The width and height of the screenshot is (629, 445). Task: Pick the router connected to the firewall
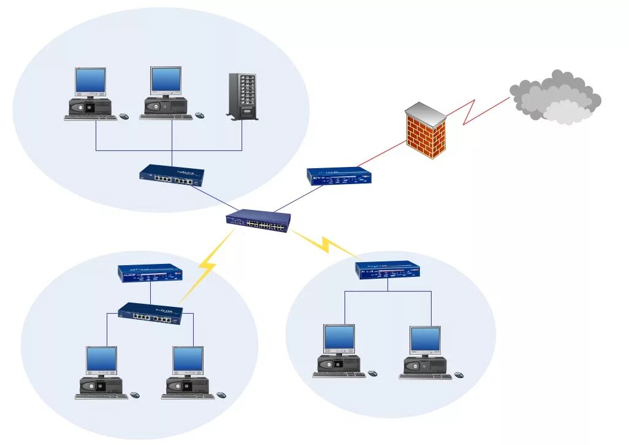(338, 176)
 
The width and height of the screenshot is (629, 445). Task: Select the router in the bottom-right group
(387, 271)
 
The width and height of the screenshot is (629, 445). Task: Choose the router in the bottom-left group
(150, 273)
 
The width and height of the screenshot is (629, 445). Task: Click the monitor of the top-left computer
(91, 81)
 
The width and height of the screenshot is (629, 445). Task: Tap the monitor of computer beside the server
(166, 80)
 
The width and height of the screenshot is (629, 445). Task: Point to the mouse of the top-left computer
(124, 116)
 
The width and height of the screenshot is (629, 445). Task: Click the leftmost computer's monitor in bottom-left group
(101, 360)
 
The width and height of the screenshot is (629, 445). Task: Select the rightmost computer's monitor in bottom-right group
(425, 339)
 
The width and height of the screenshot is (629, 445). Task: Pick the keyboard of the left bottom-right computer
(338, 374)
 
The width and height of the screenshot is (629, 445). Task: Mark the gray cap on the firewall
(425, 114)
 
